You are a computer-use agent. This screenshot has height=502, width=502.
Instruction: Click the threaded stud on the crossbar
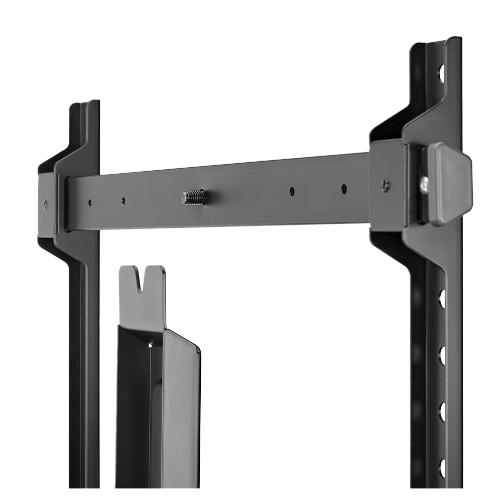click(x=194, y=197)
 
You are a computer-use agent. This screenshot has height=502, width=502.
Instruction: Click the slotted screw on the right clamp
click(x=385, y=185)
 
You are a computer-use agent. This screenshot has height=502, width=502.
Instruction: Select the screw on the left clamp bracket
click(x=46, y=204)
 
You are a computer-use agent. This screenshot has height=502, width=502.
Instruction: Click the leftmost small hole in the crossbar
click(x=89, y=203)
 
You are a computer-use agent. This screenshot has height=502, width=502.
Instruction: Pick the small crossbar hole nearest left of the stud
click(x=123, y=201)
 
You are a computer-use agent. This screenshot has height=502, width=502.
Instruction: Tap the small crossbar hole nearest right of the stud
click(x=292, y=191)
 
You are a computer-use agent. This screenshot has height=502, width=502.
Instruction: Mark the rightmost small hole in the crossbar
click(x=344, y=189)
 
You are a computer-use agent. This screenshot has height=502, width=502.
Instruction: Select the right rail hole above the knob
click(x=442, y=73)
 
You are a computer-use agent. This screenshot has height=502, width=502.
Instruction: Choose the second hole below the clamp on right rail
click(x=442, y=355)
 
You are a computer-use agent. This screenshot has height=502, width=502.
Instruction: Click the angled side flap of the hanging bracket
click(x=181, y=402)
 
